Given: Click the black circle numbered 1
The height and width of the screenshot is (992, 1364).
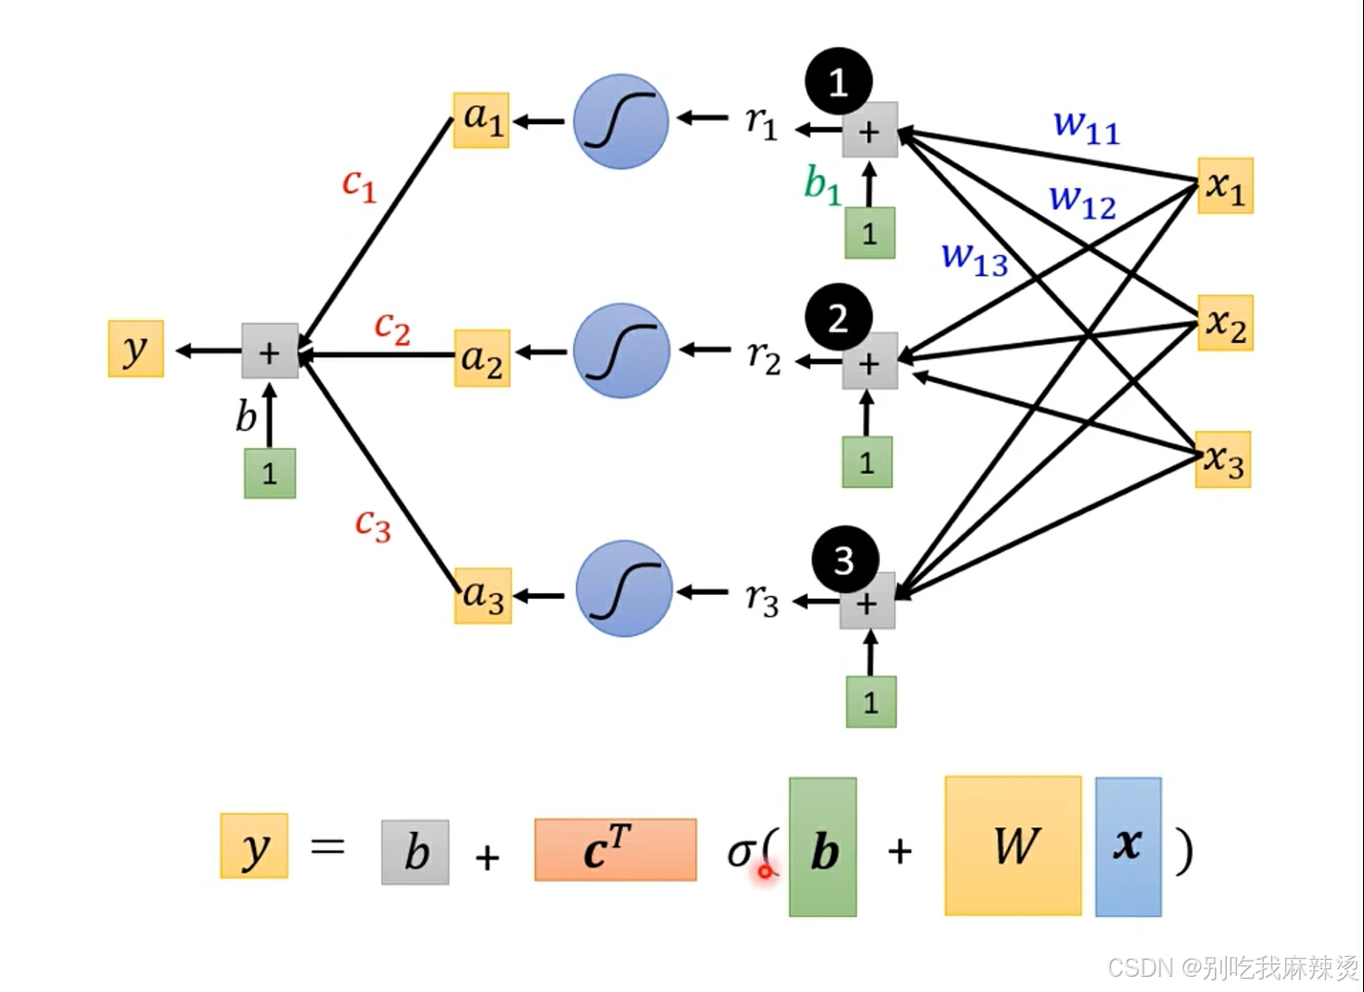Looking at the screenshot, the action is click(838, 81).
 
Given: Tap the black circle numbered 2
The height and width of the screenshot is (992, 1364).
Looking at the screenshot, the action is click(838, 316).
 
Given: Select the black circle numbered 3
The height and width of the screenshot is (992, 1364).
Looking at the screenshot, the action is click(845, 560).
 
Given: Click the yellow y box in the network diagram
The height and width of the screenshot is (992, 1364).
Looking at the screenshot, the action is click(135, 349).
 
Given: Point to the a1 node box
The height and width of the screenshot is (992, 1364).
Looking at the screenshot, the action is click(481, 120).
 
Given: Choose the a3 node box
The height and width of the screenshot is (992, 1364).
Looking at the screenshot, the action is click(483, 596).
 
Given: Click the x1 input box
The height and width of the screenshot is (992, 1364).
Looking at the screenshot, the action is click(1225, 186).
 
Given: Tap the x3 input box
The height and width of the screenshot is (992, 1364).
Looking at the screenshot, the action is click(1223, 460).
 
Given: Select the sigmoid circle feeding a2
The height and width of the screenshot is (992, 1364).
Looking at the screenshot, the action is click(621, 351).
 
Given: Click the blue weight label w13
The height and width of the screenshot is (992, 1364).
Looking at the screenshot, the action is click(975, 259).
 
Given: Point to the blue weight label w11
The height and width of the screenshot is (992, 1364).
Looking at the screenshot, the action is click(1086, 127).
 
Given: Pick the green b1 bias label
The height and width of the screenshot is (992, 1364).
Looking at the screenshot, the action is click(822, 185).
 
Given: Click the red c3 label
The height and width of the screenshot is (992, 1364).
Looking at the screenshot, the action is click(372, 525).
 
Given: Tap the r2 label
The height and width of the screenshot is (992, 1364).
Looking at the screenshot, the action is click(763, 357).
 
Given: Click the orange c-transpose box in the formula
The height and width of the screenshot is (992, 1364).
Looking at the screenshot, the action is click(616, 850).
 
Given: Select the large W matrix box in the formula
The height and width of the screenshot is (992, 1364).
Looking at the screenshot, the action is click(1014, 845).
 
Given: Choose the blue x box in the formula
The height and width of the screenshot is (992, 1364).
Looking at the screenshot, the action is click(1128, 846).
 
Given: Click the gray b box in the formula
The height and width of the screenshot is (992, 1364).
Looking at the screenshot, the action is click(415, 852).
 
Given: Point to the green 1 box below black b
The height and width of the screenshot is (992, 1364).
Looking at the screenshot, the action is click(270, 473).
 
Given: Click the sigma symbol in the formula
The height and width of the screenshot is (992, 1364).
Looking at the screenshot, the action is click(741, 853).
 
